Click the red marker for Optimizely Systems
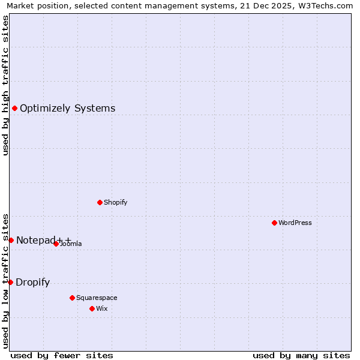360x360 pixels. tap(14, 108)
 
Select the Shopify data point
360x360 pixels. tap(100, 202)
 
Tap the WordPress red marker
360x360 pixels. tap(274, 223)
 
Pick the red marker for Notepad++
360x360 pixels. tap(11, 240)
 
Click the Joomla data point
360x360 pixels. tap(56, 244)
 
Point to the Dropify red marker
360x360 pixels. tap(10, 282)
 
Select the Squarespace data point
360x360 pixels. tap(72, 298)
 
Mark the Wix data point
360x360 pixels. tap(92, 308)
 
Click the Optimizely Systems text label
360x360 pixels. tap(67, 109)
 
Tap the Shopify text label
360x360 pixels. tap(115, 202)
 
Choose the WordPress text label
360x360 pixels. tap(295, 223)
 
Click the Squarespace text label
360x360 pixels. tap(97, 298)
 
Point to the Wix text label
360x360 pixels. tap(101, 308)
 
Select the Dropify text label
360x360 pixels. tap(32, 283)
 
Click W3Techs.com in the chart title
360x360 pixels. tap(327, 6)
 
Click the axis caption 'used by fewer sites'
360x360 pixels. tap(62, 355)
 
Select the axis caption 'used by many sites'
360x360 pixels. tap(301, 355)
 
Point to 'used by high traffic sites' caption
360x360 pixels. tap(5, 85)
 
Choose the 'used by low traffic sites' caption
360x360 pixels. tap(5, 280)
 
